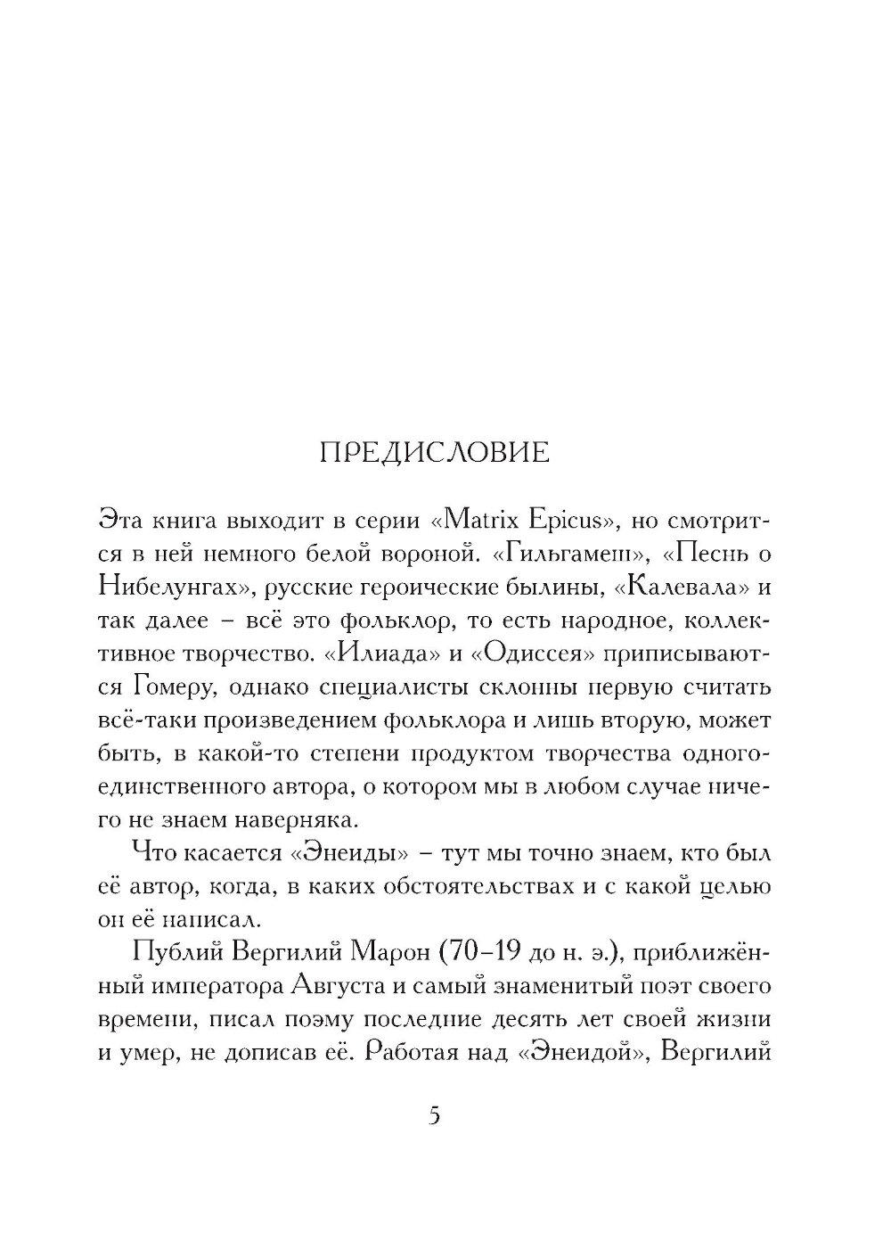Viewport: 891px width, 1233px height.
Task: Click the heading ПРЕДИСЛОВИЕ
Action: point(434,452)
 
